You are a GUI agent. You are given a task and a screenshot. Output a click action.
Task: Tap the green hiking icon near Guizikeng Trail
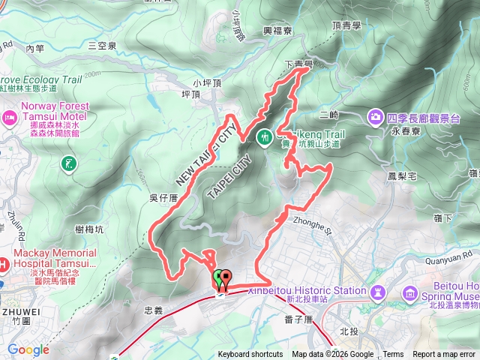point(265,137)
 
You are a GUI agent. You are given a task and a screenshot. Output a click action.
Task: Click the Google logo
point(28,349)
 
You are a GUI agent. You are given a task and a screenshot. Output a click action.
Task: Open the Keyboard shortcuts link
point(250,355)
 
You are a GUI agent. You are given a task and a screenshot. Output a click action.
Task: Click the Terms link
point(393,355)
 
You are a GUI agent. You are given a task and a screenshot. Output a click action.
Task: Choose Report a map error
point(445,355)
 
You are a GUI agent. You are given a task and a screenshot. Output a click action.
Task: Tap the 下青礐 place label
point(298,65)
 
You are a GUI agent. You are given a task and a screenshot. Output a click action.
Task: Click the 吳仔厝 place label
point(163,197)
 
